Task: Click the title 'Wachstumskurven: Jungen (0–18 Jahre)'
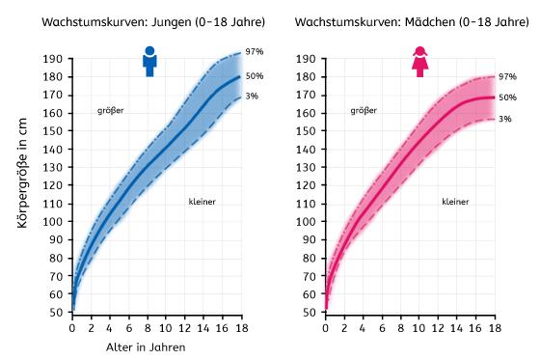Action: tap(140, 21)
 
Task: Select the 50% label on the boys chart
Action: tap(256, 76)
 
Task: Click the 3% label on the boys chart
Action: tap(254, 95)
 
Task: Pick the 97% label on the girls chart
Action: tap(508, 75)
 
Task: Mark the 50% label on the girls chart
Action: tap(508, 97)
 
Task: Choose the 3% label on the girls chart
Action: tap(506, 119)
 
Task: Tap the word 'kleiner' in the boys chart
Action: tap(202, 202)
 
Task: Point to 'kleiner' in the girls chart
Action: tap(455, 202)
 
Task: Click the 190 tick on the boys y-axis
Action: tap(55, 58)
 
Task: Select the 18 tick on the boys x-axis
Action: tap(240, 328)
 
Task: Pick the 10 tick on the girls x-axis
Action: tap(418, 328)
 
